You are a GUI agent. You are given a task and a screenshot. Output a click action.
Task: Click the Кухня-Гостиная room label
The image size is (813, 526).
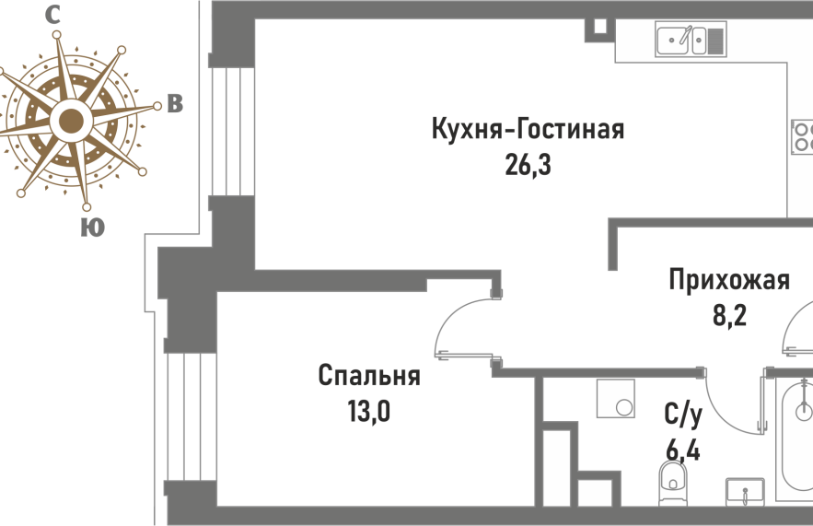pos(528,130)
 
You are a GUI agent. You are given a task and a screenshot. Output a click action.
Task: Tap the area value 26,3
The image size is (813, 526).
pos(528,166)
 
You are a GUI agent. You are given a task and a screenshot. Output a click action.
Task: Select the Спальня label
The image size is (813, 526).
pos(369,377)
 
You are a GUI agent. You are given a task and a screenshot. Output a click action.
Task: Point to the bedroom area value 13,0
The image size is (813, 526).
pos(368,412)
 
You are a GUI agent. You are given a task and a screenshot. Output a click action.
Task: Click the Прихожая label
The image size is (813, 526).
pos(729,281)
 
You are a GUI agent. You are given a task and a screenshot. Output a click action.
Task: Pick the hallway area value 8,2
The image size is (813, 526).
pos(729,314)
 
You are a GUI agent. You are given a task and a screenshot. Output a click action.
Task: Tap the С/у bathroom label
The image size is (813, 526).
pos(683,415)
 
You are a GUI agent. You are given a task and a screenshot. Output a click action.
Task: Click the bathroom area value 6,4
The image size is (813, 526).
pos(683,450)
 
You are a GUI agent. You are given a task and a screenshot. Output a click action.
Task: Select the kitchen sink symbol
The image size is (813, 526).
pos(691,39)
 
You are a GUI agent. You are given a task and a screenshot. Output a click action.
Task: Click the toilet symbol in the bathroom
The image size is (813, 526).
pos(672,482)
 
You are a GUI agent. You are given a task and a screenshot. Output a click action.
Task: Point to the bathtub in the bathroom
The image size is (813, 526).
pos(795,440)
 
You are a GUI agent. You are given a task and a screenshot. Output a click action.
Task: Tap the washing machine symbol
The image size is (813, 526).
pos(616,398)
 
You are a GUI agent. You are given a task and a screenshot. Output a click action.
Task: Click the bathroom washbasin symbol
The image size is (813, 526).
pos(745,491)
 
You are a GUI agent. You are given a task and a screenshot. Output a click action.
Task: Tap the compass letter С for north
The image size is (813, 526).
pos(52,15)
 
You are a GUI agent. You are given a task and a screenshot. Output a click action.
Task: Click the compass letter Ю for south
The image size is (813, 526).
pos(92,228)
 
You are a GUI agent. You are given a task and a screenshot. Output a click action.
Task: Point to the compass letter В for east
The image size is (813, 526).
pos(175,104)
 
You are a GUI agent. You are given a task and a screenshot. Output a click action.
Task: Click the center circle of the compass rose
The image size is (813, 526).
pos(71,122)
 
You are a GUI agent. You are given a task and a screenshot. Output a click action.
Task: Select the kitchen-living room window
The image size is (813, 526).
pos(231,132)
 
